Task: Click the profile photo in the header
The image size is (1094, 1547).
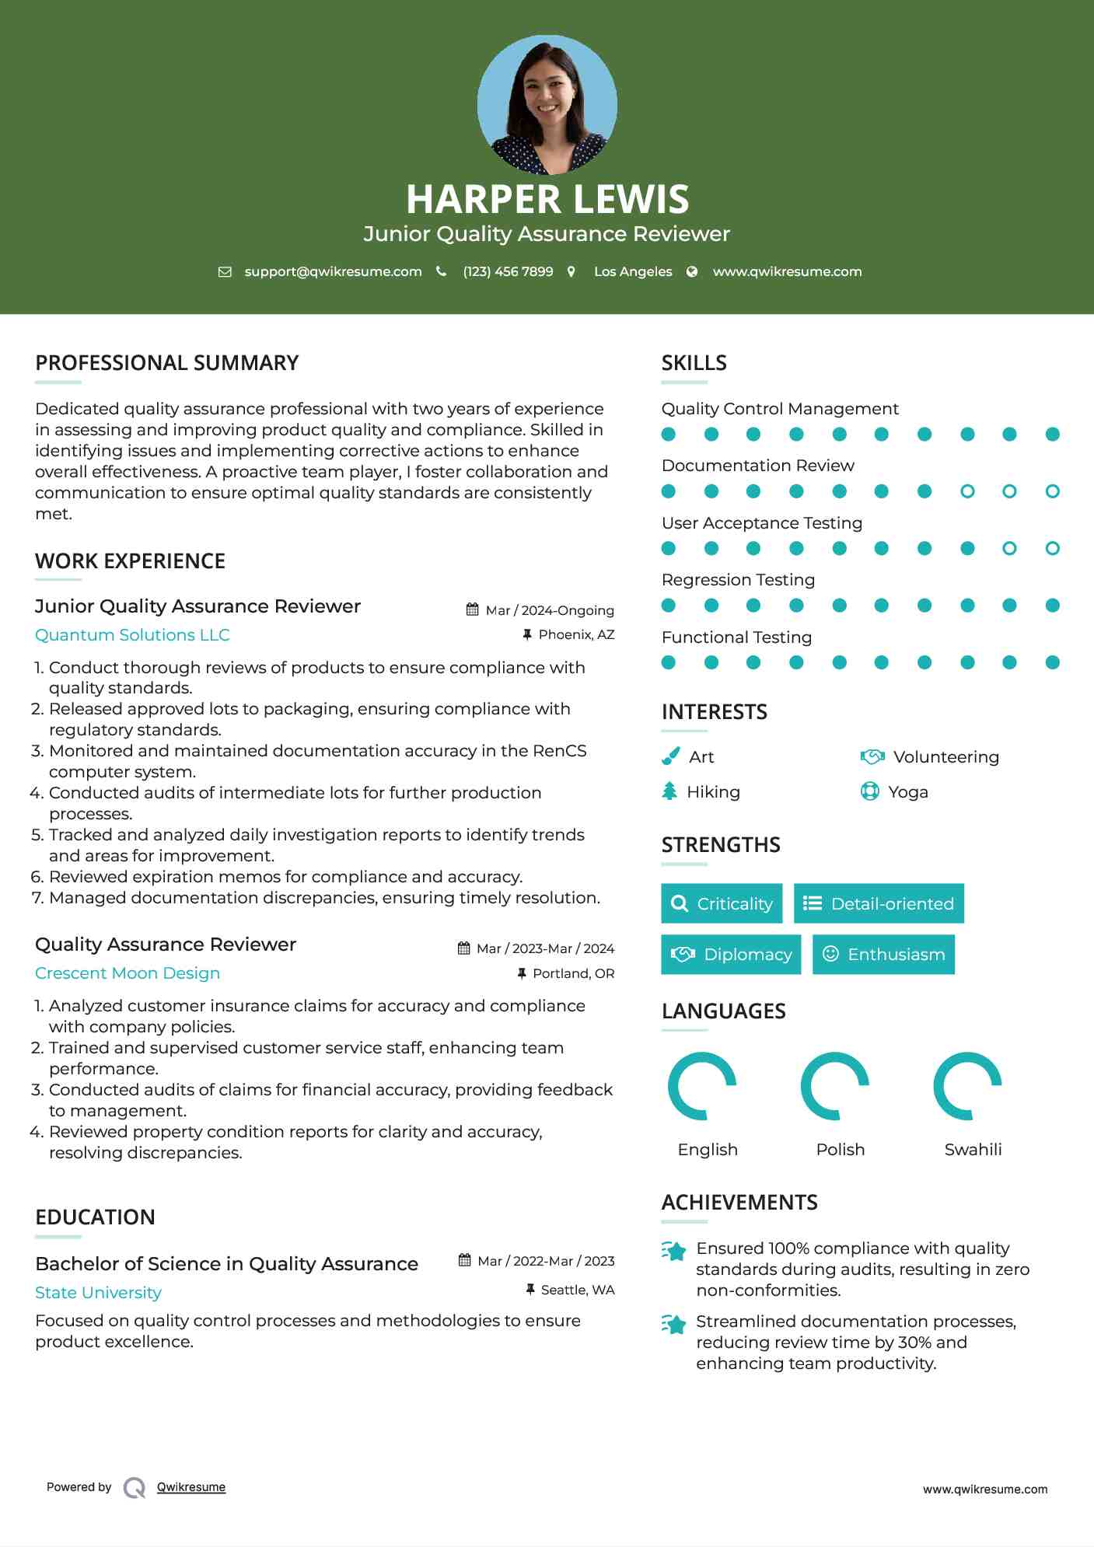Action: [x=547, y=104]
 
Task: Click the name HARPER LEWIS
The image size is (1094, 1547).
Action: [x=547, y=199]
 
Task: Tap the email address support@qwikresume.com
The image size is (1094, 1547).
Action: [x=333, y=271]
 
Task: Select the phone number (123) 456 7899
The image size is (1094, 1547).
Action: [x=508, y=271]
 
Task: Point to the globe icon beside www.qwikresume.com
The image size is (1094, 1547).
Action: [x=692, y=271]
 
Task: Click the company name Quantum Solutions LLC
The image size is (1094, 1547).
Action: [x=132, y=635]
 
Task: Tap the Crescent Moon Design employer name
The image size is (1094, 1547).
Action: [x=128, y=973]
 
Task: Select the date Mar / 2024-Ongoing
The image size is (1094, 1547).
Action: [x=549, y=610]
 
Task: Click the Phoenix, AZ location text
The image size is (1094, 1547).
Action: [x=576, y=634]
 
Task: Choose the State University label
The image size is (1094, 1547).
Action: [x=98, y=1293]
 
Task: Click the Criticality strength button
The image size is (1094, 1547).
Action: [x=722, y=903]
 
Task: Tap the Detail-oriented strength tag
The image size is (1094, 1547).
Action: [x=879, y=903]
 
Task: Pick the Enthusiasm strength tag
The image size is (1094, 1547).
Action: [x=883, y=954]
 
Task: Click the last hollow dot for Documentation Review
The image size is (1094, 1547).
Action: [x=1052, y=491]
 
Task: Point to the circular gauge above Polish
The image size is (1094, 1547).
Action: [x=835, y=1086]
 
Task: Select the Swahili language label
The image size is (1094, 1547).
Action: [x=973, y=1149]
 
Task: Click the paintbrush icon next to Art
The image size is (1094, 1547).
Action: [x=670, y=756]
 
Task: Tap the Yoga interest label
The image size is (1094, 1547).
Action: [x=908, y=791]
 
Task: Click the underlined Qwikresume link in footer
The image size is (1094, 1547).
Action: [x=191, y=1487]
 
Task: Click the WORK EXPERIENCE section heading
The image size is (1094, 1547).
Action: [x=130, y=561]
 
